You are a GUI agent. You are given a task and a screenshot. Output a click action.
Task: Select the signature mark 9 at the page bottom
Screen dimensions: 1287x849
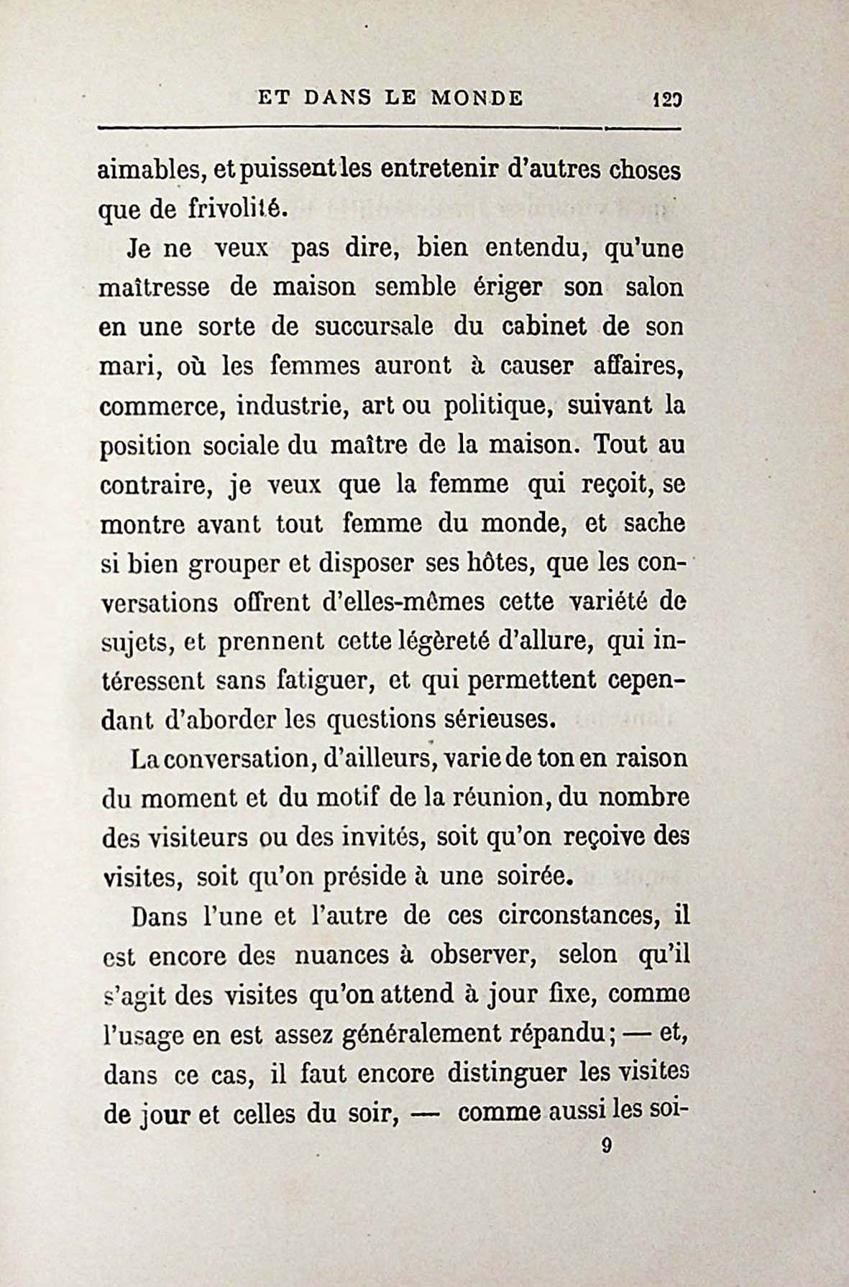click(606, 1147)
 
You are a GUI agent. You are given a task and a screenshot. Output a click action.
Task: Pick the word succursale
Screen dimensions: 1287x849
click(374, 327)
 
